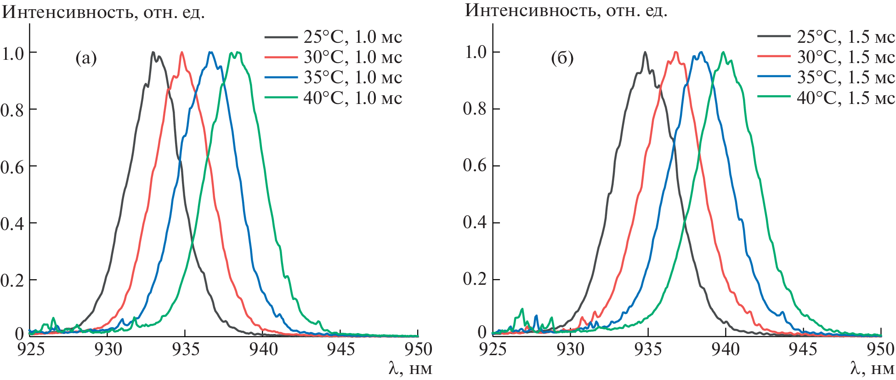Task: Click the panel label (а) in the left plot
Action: pos(86,58)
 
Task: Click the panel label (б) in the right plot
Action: pos(562,58)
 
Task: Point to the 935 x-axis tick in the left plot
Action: pos(185,350)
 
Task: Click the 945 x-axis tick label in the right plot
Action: pos(803,350)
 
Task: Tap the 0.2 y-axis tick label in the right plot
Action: pos(475,279)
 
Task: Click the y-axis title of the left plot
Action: pos(103,12)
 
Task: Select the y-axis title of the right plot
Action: pos(566,10)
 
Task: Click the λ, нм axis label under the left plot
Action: pos(410,368)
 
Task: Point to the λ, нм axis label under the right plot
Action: pos(872,368)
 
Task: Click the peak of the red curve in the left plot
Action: pos(182,52)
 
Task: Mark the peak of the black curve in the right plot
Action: pos(645,52)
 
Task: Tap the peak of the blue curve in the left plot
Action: pos(210,52)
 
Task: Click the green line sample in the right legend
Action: pos(774,97)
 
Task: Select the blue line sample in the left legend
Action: pos(281,77)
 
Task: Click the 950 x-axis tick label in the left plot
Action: pos(418,350)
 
